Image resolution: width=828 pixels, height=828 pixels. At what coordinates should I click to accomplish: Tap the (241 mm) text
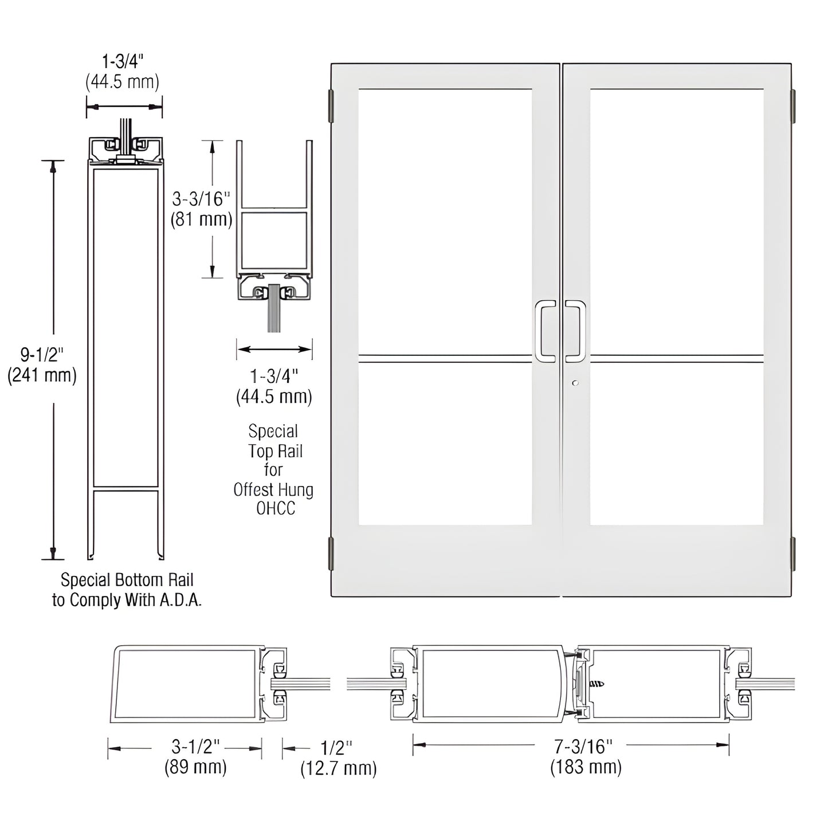pyautogui.click(x=41, y=375)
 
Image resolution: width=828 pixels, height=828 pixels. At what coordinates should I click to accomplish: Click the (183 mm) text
pyautogui.click(x=586, y=767)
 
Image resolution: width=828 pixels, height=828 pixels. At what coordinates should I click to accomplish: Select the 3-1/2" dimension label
pyautogui.click(x=196, y=745)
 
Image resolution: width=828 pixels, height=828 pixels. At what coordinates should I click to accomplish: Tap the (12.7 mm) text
pyautogui.click(x=339, y=768)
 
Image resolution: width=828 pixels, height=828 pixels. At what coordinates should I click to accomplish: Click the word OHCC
pyautogui.click(x=275, y=509)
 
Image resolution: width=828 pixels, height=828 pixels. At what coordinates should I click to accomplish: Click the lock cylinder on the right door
pyautogui.click(x=575, y=383)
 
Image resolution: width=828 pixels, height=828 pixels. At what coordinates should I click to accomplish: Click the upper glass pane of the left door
pyautogui.click(x=445, y=221)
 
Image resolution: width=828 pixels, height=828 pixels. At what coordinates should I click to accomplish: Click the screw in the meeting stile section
pyautogui.click(x=598, y=684)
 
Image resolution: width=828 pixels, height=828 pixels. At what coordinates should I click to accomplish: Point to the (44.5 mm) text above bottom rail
pyautogui.click(x=122, y=82)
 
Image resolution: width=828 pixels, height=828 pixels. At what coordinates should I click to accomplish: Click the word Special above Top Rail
pyautogui.click(x=273, y=431)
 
